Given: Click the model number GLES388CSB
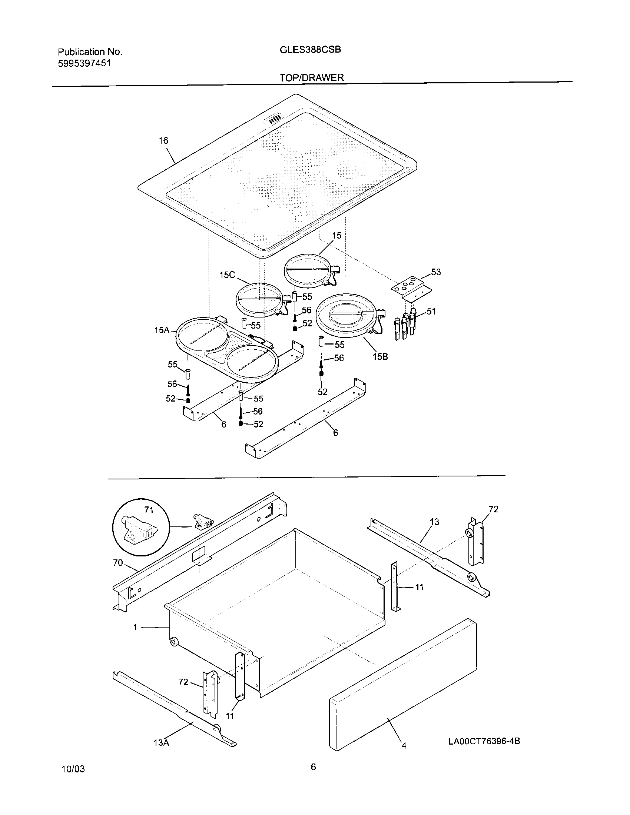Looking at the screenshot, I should tap(310, 50).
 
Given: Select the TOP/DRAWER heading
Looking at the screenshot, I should tap(312, 77).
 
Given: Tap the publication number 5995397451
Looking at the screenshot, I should tap(84, 63).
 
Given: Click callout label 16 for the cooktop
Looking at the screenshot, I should tap(163, 141).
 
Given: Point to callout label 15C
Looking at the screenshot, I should tap(227, 275).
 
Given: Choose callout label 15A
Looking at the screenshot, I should tap(162, 330).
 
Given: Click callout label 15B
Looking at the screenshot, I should tap(380, 357).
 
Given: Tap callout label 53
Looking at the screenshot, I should tap(436, 272).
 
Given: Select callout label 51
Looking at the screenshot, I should tap(431, 311).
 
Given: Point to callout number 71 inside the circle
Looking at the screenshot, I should tap(149, 509).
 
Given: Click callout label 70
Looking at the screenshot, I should tap(118, 562).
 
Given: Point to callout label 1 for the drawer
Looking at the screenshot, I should tap(135, 627).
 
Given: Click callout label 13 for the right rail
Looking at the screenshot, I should tap(434, 522).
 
